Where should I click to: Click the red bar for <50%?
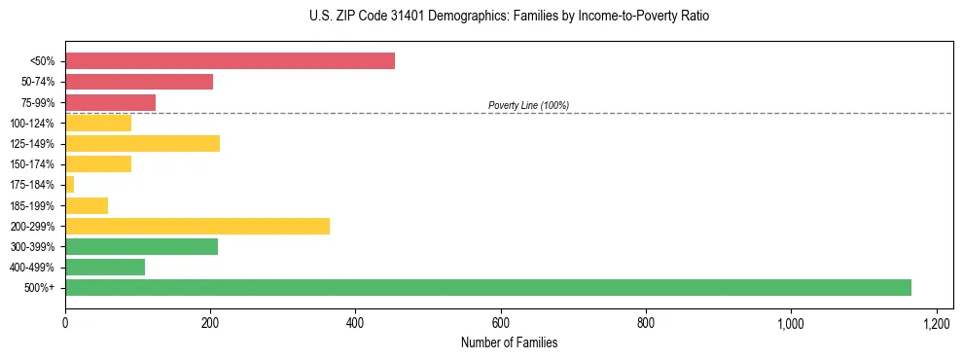[230, 61]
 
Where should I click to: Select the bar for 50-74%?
[139, 82]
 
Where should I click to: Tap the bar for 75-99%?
[110, 102]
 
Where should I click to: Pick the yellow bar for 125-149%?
[142, 144]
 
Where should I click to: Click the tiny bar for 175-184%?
[70, 185]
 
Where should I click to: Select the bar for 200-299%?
[197, 226]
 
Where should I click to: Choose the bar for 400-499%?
[105, 267]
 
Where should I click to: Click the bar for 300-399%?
[141, 246]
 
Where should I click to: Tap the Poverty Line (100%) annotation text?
[528, 105]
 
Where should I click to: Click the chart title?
[481, 17]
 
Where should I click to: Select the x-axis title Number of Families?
[509, 343]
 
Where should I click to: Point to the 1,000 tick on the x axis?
[791, 323]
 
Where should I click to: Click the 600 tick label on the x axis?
[500, 323]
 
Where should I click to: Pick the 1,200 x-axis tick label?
[936, 323]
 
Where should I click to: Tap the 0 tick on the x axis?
[65, 323]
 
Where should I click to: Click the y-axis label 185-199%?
[32, 206]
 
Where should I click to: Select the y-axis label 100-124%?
[32, 124]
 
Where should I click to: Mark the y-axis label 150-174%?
[32, 164]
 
